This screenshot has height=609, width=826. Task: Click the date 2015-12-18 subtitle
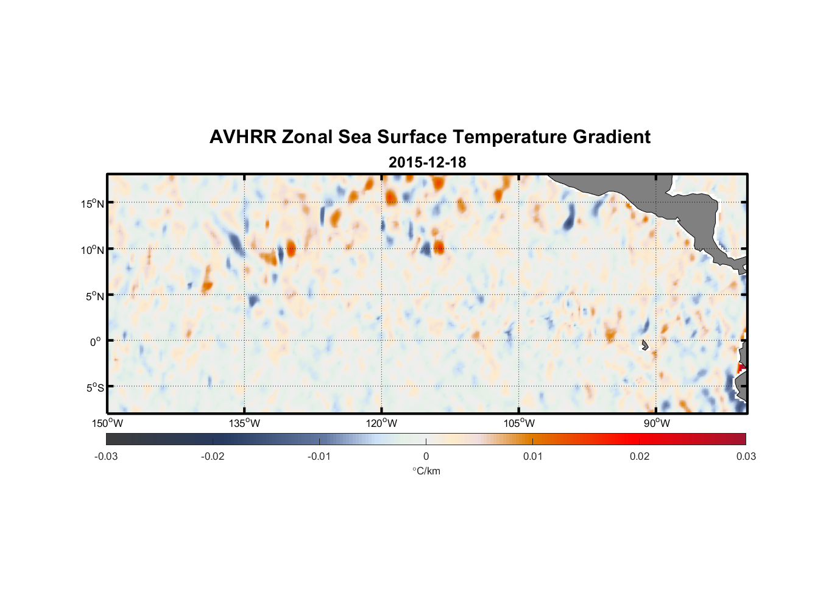tap(427, 163)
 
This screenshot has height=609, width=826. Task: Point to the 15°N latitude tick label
tap(93, 203)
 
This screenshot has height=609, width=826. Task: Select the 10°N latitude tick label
tap(93, 250)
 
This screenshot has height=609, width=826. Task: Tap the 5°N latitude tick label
tap(94, 296)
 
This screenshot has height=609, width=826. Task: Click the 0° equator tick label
tap(96, 342)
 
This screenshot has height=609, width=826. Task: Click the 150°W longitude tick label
tap(107, 423)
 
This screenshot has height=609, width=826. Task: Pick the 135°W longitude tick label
tap(244, 423)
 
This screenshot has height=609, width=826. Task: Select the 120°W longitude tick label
tap(381, 423)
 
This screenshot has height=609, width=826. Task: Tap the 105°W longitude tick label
tap(519, 423)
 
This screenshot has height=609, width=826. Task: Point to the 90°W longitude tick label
tap(657, 423)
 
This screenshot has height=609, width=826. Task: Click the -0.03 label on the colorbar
tap(106, 456)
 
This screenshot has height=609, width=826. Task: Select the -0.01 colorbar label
tap(319, 456)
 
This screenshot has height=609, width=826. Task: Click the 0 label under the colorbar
tap(426, 456)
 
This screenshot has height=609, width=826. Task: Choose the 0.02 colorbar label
tap(640, 456)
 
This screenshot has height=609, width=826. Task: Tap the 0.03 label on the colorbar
tap(746, 456)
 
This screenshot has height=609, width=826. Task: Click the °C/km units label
tap(426, 471)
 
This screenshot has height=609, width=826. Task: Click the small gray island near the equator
tap(644, 345)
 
